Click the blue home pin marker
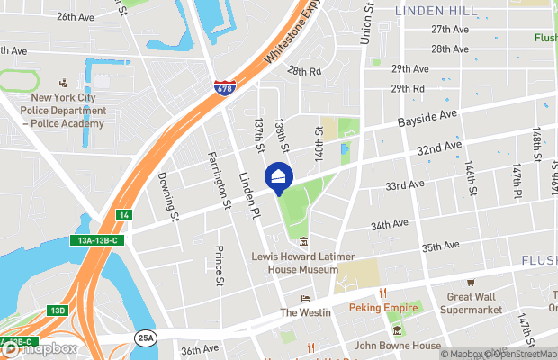278,175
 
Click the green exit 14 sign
125,215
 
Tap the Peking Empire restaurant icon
382,292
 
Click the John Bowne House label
397,346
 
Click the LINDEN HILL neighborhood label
437,10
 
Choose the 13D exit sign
57,310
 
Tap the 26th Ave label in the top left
75,17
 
